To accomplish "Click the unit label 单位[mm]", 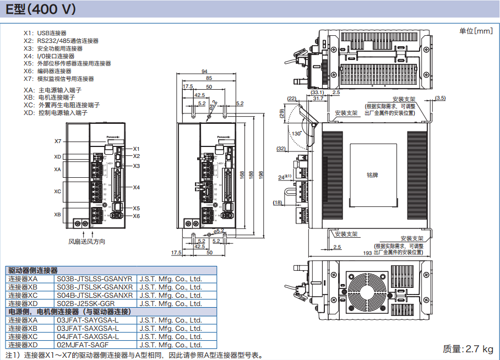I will (476, 31).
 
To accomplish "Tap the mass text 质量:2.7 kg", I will (468, 348).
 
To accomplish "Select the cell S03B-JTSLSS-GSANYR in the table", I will (95, 279).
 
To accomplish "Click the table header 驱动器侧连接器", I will (33, 271).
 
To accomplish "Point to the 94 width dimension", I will (204, 72).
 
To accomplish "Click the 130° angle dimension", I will (297, 134).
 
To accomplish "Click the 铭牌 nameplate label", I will (372, 174).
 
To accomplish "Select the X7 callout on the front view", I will (58, 141).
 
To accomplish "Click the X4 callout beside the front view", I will (137, 187).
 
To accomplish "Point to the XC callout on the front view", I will (57, 192).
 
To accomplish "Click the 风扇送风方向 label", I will (86, 242).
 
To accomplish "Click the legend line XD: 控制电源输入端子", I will (56, 112).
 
